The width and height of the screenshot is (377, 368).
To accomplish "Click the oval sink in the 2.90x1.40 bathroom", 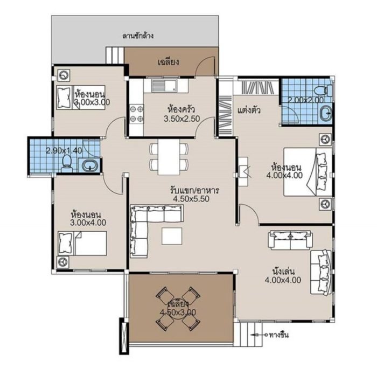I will tap(90, 165).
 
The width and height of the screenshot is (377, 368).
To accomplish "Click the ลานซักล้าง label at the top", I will tap(138, 37).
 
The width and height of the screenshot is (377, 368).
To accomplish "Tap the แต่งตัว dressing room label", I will tap(249, 111).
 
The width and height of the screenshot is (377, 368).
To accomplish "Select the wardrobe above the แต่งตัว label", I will tap(256, 87).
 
